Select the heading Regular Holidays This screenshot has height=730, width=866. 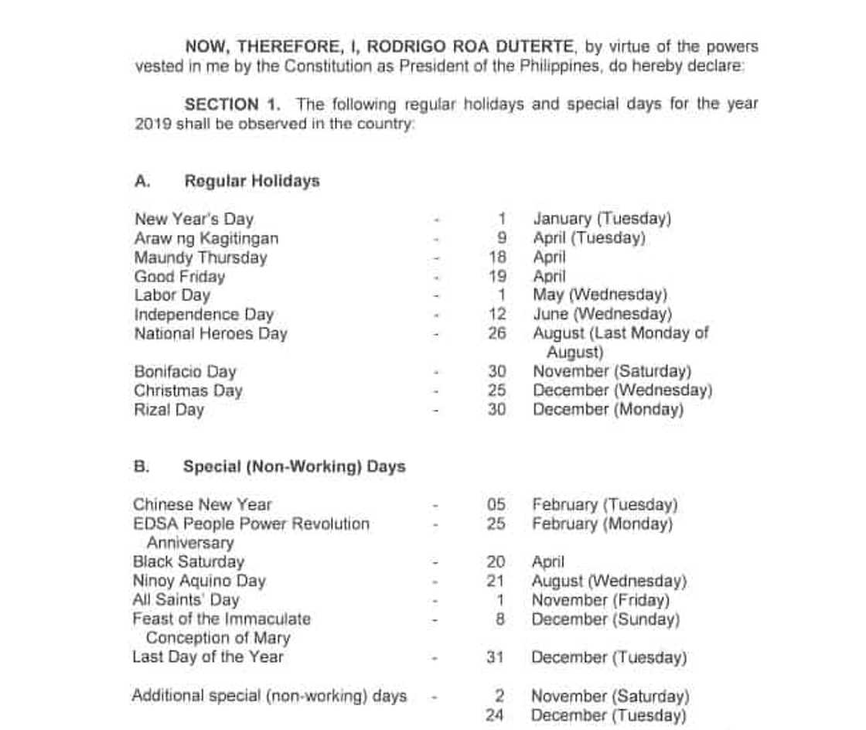click(251, 181)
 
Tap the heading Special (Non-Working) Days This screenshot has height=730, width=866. click(294, 467)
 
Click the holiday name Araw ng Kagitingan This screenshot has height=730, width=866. click(206, 238)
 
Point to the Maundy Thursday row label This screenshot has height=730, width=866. click(200, 258)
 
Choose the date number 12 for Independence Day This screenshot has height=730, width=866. click(497, 315)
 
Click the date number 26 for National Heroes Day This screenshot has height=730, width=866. click(497, 333)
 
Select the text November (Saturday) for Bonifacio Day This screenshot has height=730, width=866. click(612, 372)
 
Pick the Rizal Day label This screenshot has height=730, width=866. click(169, 410)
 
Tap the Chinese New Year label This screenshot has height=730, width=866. click(202, 505)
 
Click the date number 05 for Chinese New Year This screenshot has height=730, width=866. click(496, 505)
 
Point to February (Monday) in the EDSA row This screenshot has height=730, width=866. click(602, 524)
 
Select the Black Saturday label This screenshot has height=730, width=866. click(188, 562)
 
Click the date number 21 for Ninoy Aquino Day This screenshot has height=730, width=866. click(496, 581)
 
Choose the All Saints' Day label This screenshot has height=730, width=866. click(186, 600)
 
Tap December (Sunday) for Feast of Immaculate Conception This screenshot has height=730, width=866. click(605, 619)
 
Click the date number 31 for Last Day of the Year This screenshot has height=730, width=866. click(496, 657)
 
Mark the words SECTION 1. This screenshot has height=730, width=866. click(232, 104)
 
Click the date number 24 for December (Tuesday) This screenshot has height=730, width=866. click(495, 715)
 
